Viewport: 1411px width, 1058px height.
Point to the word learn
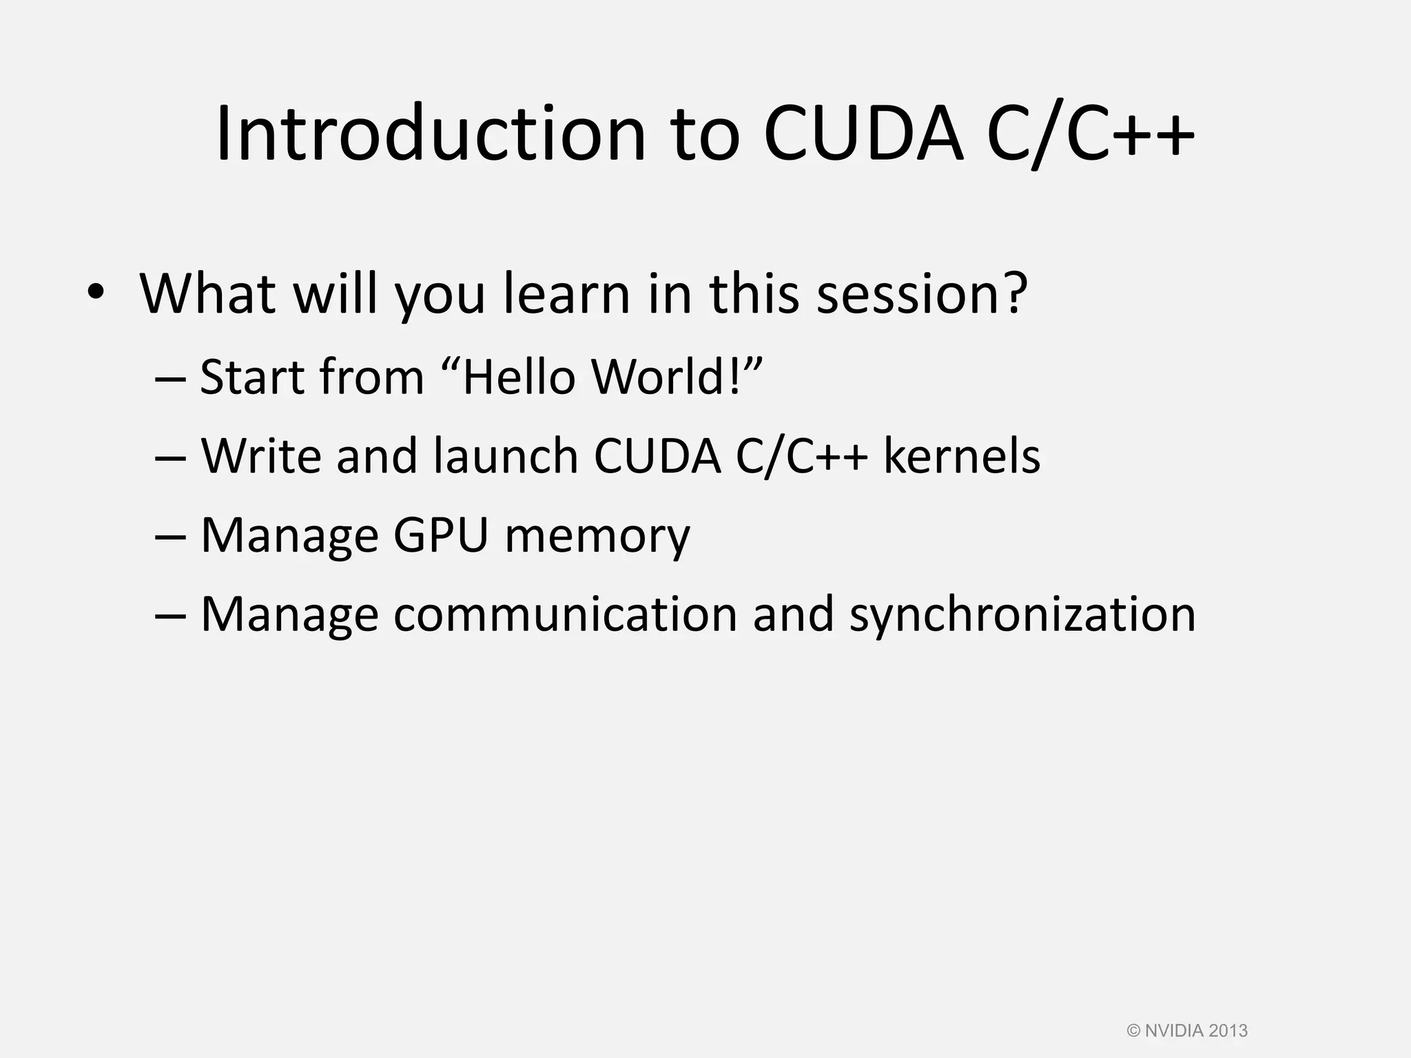566,293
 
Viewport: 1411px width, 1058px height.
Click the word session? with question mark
922,293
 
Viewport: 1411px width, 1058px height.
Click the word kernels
961,456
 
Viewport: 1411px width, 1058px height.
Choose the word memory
597,537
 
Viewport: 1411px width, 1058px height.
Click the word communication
565,614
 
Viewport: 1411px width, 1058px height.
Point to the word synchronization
1022,614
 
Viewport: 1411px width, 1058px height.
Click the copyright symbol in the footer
1134,1030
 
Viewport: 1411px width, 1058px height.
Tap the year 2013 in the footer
1228,1030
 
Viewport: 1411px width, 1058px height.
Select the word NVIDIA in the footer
1175,1030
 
